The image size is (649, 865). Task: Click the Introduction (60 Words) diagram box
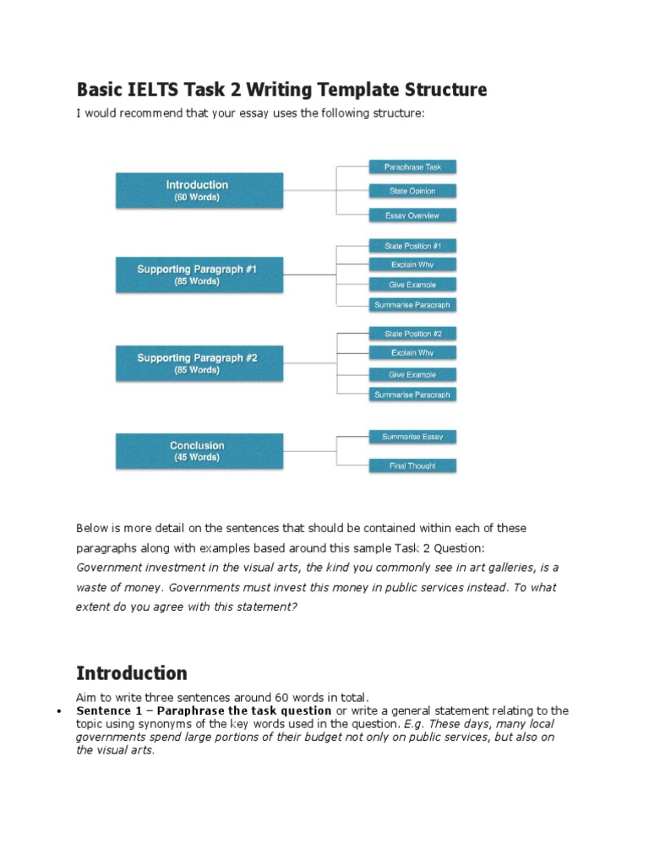pos(197,191)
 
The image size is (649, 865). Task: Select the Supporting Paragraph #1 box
pos(197,275)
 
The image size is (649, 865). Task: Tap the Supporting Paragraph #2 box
pos(197,363)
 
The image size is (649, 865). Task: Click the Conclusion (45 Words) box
pos(197,451)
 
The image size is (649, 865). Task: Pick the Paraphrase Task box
pos(413,166)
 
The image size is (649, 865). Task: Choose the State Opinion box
pos(413,191)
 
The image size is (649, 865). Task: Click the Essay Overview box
pos(413,215)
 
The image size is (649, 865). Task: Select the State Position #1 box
pos(413,246)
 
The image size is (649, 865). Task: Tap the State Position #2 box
pos(413,334)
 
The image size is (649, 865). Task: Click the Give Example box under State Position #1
pos(413,285)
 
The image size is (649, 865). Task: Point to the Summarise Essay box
pos(413,437)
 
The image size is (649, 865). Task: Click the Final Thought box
pos(413,465)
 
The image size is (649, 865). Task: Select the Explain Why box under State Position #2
pos(413,353)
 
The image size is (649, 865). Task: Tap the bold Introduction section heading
pos(132,673)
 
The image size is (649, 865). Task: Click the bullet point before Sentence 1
pos(58,712)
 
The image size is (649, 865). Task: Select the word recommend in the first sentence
pos(151,113)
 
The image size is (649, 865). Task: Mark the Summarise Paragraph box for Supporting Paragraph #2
pos(413,394)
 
